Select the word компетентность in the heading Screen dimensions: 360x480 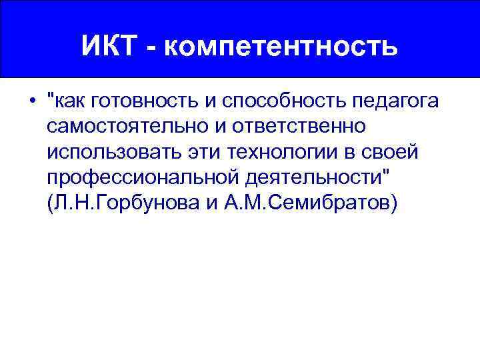pos(279,47)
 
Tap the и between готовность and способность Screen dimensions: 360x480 pos(208,102)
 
